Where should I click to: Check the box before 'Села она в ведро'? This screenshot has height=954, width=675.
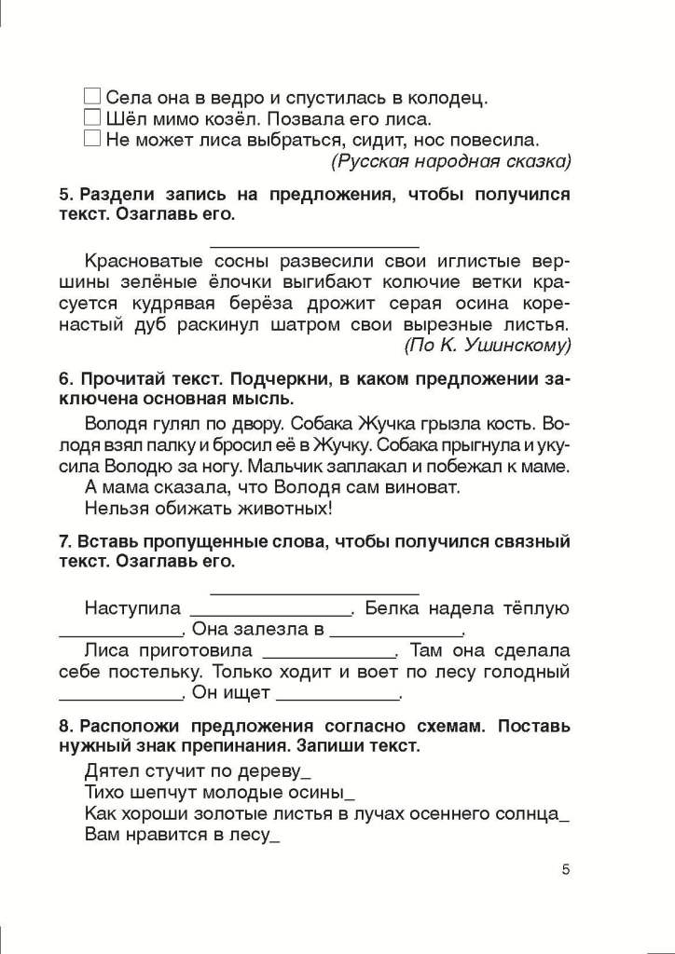pos(91,96)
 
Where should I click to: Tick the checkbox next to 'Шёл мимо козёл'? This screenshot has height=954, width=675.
pos(91,117)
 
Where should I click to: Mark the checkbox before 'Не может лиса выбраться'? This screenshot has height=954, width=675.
pos(91,139)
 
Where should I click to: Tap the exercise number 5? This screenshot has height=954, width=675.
pos(64,195)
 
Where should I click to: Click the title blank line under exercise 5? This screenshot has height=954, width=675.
pos(314,246)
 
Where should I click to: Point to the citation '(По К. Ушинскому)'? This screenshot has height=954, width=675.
pos(487,347)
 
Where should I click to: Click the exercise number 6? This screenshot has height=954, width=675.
pos(64,379)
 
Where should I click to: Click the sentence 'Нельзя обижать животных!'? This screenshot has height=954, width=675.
pos(208,508)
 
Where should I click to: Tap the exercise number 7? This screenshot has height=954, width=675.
pos(64,541)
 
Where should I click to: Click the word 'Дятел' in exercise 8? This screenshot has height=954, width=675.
pos(110,771)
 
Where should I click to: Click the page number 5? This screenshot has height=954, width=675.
pos(566,870)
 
